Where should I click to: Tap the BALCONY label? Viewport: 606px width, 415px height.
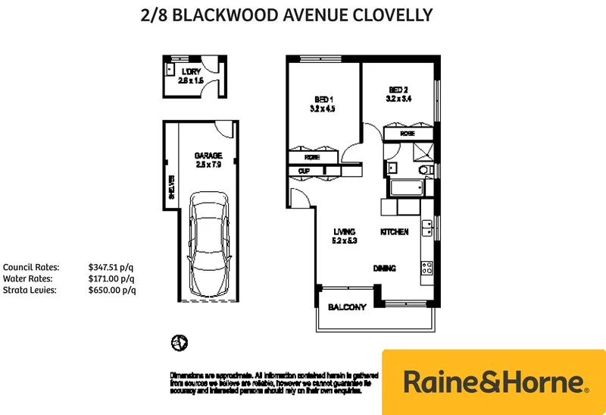pyautogui.click(x=347, y=307)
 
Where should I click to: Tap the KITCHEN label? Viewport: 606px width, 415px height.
pyautogui.click(x=394, y=231)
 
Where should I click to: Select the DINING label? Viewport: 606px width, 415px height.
pyautogui.click(x=385, y=268)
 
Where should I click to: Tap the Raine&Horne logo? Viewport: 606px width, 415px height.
pyautogui.click(x=493, y=382)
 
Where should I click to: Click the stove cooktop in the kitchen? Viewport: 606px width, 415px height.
pyautogui.click(x=426, y=267)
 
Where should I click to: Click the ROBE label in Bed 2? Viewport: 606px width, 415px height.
pyautogui.click(x=408, y=134)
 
